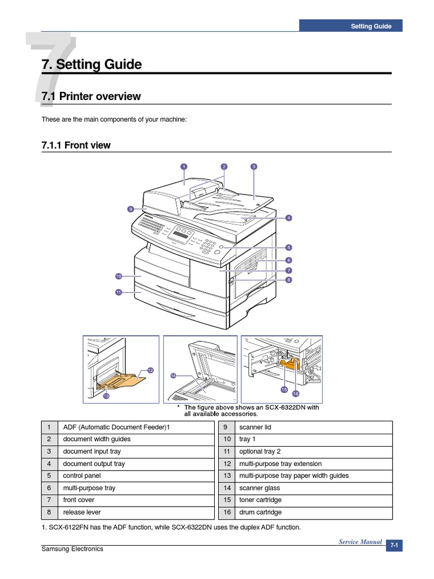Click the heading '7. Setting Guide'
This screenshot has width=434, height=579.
point(92,64)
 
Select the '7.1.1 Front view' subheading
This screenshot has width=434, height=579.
point(76,145)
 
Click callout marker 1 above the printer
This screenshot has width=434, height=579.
point(184,166)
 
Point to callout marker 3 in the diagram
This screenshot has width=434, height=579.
point(254,166)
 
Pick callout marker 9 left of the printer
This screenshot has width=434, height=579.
point(130,209)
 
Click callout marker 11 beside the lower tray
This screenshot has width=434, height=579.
point(119,292)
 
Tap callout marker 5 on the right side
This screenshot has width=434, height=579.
point(288,247)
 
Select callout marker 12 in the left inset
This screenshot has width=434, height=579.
point(150,370)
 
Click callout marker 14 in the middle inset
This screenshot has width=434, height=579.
point(173,375)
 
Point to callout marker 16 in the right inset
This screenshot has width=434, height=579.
point(296,394)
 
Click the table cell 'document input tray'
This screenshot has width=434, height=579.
point(92,451)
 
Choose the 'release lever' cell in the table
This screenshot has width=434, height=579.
point(79,512)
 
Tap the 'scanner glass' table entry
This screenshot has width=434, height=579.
point(259,488)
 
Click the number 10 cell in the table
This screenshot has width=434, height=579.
point(227,439)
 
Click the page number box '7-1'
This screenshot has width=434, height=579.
point(394,546)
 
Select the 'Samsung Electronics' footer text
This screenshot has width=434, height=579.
point(72,549)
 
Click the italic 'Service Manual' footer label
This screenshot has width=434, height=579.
point(360,542)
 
